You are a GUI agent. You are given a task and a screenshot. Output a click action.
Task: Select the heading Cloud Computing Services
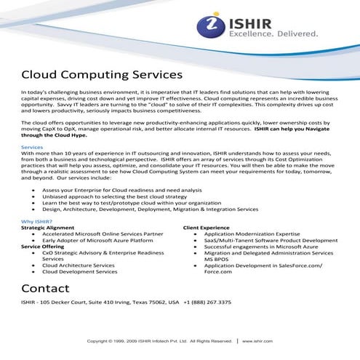pyautogui.click(x=101, y=75)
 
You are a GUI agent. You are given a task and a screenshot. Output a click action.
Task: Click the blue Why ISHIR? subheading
pyautogui.click(x=36, y=221)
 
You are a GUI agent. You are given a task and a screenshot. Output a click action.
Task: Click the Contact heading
pyautogui.click(x=46, y=288)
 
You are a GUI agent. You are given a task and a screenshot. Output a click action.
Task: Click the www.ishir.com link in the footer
pyautogui.click(x=257, y=340)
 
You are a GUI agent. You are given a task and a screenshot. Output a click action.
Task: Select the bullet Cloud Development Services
pyautogui.click(x=79, y=271)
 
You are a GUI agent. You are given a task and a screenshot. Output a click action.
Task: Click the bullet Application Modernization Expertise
pyautogui.click(x=250, y=233)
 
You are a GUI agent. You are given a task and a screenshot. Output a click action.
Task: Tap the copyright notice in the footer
pyautogui.click(x=159, y=340)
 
